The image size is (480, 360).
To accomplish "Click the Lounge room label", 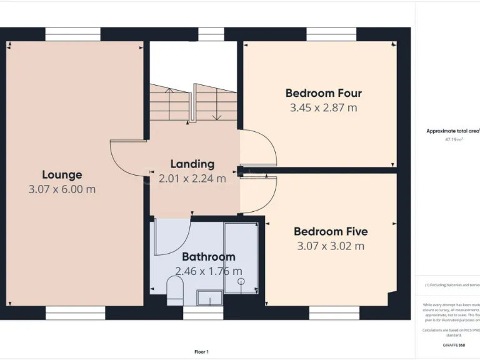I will (x=62, y=174).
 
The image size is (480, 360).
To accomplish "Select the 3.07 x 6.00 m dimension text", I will (x=62, y=189).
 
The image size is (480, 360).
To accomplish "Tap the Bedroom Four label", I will (x=323, y=93).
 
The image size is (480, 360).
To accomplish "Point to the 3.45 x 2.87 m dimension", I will (x=323, y=107).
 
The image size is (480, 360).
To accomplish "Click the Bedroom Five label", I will (x=331, y=231).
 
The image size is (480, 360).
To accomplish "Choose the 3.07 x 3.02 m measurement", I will (x=331, y=246).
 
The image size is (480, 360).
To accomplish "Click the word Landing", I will (x=192, y=164).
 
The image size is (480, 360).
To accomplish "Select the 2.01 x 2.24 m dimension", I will (x=192, y=178).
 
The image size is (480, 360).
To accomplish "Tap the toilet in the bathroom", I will (x=175, y=290).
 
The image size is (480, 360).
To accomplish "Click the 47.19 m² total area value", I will (x=454, y=140).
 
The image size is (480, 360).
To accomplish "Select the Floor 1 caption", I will (x=202, y=352).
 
